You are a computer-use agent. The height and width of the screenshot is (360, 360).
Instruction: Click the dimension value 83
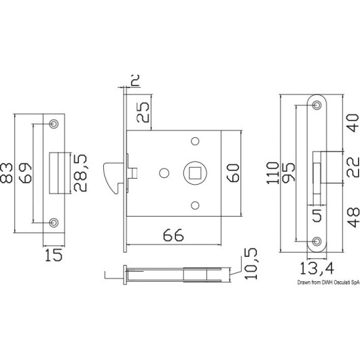[x=6, y=173]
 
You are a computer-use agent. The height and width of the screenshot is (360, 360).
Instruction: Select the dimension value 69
[x=25, y=173]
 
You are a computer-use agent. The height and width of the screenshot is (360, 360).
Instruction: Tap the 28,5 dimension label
[x=80, y=173]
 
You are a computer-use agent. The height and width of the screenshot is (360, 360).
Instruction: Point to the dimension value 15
[x=54, y=255]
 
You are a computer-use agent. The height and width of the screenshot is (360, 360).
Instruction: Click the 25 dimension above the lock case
[x=143, y=112]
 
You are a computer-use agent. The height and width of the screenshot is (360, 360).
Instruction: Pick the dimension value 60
[x=233, y=173]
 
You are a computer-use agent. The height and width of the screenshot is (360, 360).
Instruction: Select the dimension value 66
[x=173, y=235]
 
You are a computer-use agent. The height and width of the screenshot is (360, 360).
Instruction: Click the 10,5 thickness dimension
[x=251, y=264]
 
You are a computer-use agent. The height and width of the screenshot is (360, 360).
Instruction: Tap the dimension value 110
[x=272, y=173]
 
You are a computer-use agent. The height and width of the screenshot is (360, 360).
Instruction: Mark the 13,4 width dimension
[x=317, y=268]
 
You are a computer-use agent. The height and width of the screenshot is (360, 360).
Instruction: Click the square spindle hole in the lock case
[x=195, y=173]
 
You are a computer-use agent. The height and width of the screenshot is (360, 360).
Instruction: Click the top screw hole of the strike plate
[x=54, y=124]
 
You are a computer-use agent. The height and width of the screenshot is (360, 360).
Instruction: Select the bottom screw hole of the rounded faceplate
[x=317, y=241]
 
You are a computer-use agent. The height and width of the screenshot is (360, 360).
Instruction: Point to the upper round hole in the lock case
[x=195, y=141]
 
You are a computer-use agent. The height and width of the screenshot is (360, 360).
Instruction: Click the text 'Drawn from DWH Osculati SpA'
[x=328, y=283]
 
